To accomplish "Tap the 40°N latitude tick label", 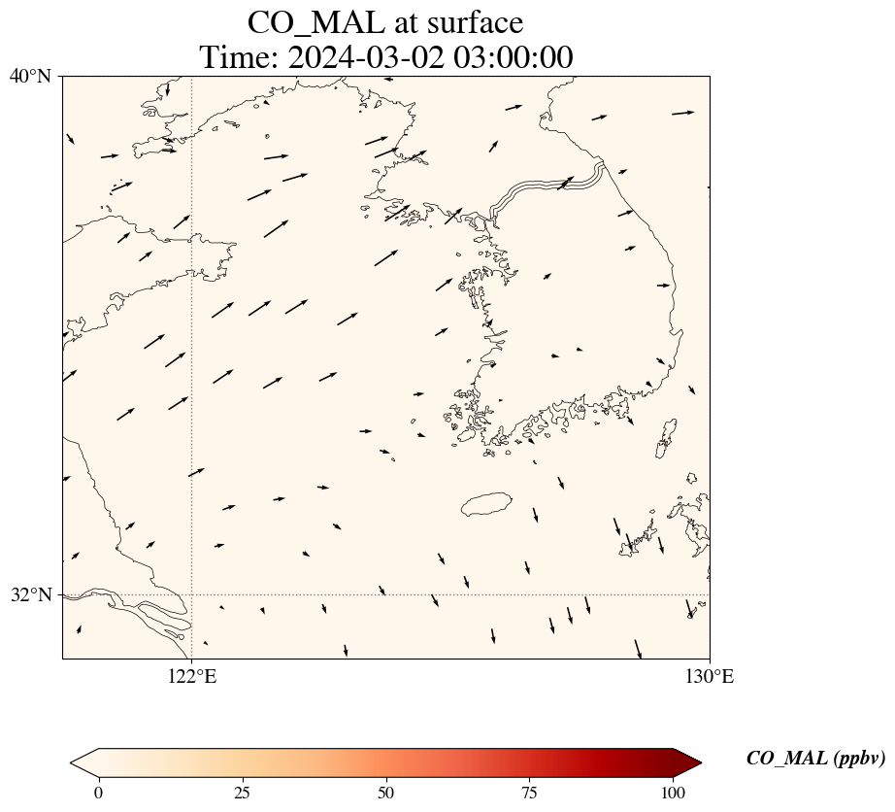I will (x=30, y=76).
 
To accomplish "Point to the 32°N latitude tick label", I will (x=30, y=594).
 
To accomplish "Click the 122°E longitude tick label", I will (x=192, y=677).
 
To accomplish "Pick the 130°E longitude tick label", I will (x=710, y=677).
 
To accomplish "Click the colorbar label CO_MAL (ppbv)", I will (x=815, y=759).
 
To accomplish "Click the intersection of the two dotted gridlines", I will (x=192, y=594).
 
